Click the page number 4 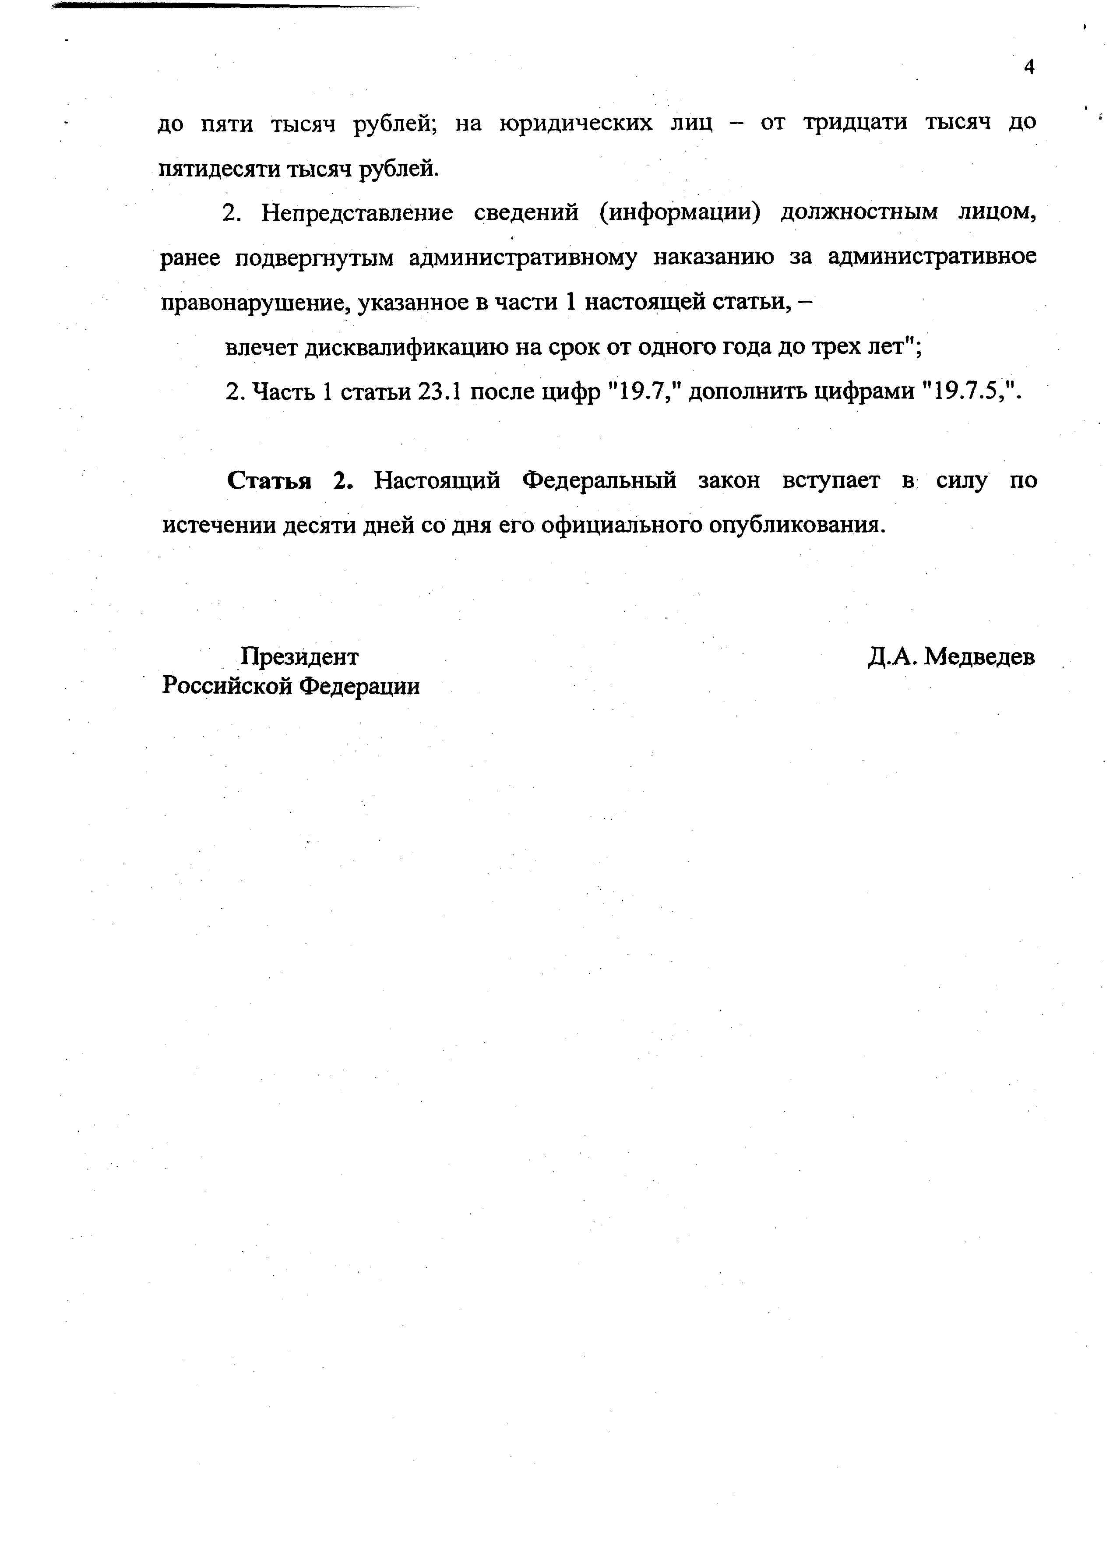1028,67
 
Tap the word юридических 576,124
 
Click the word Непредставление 356,213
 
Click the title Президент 299,657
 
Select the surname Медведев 979,657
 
